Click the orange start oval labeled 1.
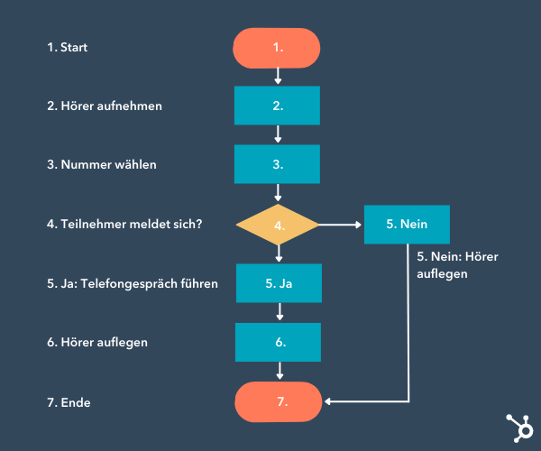pyautogui.click(x=278, y=47)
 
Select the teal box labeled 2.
pyautogui.click(x=278, y=106)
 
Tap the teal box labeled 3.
pyautogui.click(x=278, y=164)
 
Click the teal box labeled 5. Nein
pyautogui.click(x=407, y=224)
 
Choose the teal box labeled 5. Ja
pyautogui.click(x=279, y=282)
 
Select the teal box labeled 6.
pyautogui.click(x=278, y=342)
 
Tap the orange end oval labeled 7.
pyautogui.click(x=278, y=400)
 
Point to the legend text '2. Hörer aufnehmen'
pyautogui.click(x=105, y=106)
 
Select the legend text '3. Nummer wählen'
pyautogui.click(x=101, y=165)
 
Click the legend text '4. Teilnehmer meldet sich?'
pyautogui.click(x=124, y=224)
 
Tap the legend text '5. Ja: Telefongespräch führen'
pyautogui.click(x=133, y=283)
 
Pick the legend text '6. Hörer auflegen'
pyautogui.click(x=97, y=343)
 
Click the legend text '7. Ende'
pyautogui.click(x=69, y=401)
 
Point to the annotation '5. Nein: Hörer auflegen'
pyautogui.click(x=457, y=264)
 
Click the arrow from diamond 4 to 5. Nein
pyautogui.click(x=341, y=224)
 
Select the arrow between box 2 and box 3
pyautogui.click(x=278, y=134)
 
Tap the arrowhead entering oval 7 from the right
pyautogui.click(x=329, y=400)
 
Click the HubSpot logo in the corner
pyautogui.click(x=518, y=426)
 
